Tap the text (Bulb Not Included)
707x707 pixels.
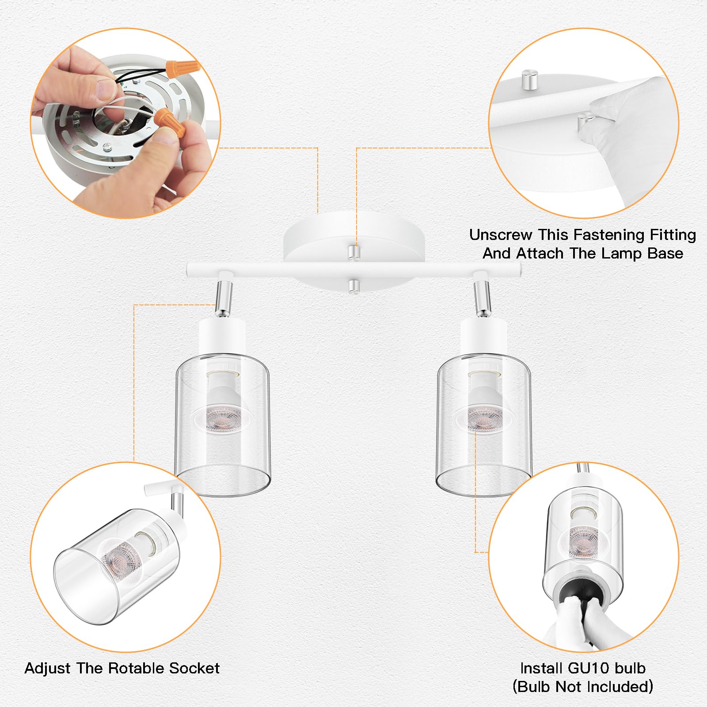tap(582, 687)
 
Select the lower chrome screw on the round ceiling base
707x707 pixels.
tap(353, 286)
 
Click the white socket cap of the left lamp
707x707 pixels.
tap(222, 338)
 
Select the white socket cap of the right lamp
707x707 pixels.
tap(483, 338)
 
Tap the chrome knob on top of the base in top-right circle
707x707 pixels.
tap(528, 79)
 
